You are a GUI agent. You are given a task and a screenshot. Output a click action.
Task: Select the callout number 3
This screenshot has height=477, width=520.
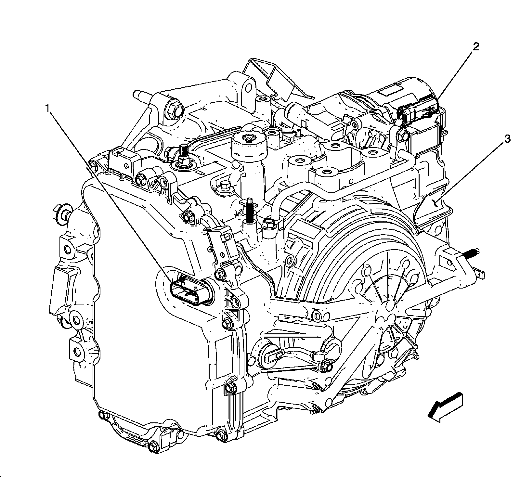(507, 139)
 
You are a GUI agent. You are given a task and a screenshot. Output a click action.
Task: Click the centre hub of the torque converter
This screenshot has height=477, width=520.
(387, 306)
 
